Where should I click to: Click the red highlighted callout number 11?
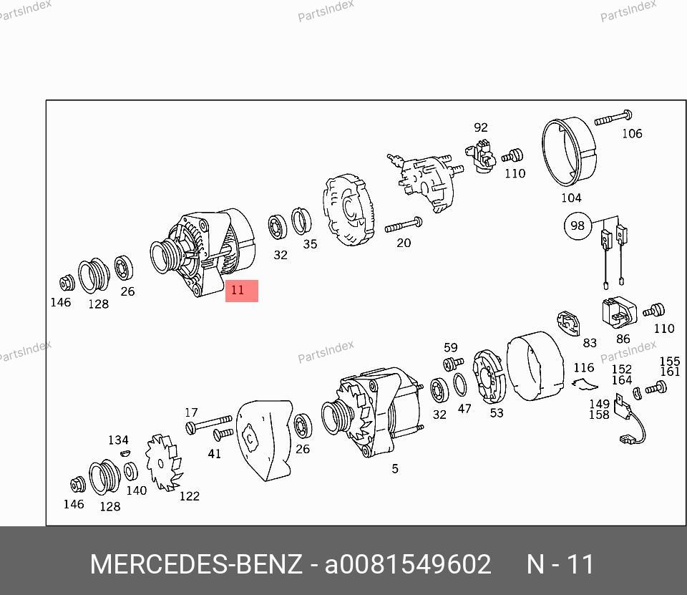241,291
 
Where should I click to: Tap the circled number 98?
578,226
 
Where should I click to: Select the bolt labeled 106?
613,118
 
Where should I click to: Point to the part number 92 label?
481,127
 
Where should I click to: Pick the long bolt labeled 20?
404,226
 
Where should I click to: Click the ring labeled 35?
301,221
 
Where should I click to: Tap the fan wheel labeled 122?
165,462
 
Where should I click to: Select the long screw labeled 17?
208,423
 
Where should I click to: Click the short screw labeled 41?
223,434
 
